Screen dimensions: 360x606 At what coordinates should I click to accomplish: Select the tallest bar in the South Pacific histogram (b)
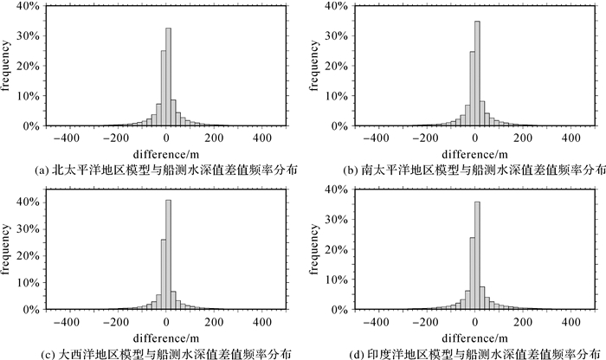[x=477, y=74]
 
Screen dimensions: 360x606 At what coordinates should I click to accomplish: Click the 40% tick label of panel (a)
[x=26, y=6]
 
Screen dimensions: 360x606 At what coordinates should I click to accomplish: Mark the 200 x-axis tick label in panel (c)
[x=216, y=320]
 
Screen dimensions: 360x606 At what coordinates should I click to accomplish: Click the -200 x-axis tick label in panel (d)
[x=427, y=320]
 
